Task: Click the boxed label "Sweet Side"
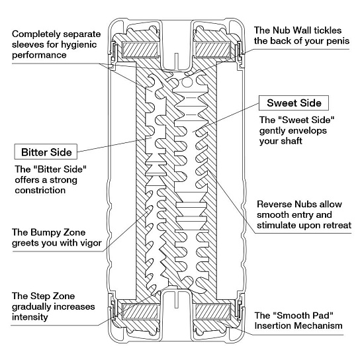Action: point(294,103)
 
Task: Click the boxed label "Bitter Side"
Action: point(46,152)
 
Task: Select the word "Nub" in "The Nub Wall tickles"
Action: point(279,30)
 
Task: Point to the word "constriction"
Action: point(40,190)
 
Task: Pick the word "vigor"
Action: point(90,243)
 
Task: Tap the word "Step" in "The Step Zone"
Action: point(40,296)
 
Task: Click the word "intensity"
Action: point(30,317)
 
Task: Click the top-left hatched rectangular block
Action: point(140,50)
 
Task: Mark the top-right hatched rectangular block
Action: point(212,50)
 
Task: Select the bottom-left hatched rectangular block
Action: point(140,312)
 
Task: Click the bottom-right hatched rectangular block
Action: point(212,312)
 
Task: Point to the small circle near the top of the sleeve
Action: point(187,82)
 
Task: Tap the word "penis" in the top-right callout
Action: point(338,41)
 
